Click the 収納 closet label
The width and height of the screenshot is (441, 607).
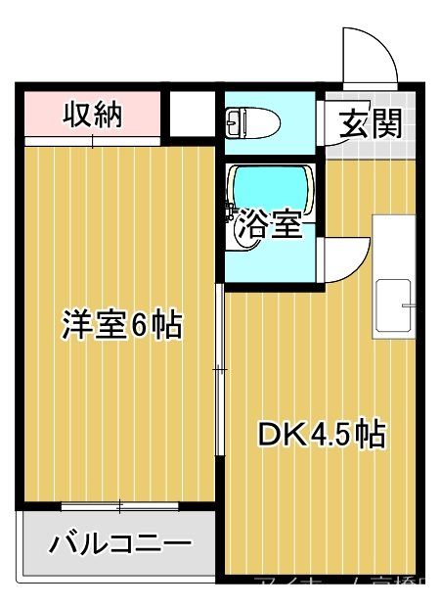click(x=93, y=116)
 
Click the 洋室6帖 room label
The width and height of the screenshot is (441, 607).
click(x=121, y=325)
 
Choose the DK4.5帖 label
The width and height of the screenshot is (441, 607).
click(x=320, y=434)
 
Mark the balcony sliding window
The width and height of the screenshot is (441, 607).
click(x=119, y=506)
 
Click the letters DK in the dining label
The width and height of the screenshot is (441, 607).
click(x=277, y=434)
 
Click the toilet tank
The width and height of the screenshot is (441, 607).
click(x=233, y=123)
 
